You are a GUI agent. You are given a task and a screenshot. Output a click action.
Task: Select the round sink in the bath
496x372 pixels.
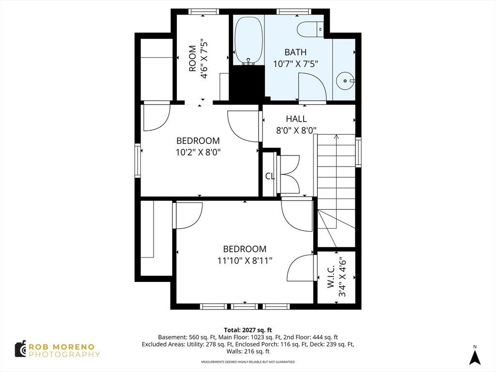click(345, 81)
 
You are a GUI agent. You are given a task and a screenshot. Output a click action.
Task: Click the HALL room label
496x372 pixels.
click(296, 119)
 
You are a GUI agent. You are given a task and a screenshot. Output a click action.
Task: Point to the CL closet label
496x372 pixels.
click(270, 176)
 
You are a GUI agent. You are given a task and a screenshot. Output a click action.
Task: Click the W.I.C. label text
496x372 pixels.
click(331, 277)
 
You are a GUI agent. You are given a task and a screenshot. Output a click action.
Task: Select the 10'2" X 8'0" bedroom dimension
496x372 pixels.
click(198, 153)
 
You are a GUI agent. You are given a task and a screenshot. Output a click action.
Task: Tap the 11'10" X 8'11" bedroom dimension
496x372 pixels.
click(245, 261)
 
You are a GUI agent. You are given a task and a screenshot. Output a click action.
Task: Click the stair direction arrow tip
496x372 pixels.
click(336, 136)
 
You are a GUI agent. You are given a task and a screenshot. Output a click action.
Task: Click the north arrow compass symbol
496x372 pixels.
click(475, 357)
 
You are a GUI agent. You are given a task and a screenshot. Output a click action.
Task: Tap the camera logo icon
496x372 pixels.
click(20, 349)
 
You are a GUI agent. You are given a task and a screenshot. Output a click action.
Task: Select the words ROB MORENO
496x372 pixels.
click(62, 347)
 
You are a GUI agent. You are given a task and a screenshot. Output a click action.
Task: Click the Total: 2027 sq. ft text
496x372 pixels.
click(248, 330)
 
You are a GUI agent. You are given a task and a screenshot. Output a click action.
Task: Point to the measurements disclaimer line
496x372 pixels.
click(248, 362)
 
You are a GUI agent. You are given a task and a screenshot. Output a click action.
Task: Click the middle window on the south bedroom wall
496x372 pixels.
click(244, 306)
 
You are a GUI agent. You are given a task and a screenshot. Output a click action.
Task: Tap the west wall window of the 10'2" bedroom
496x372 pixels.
click(138, 160)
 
